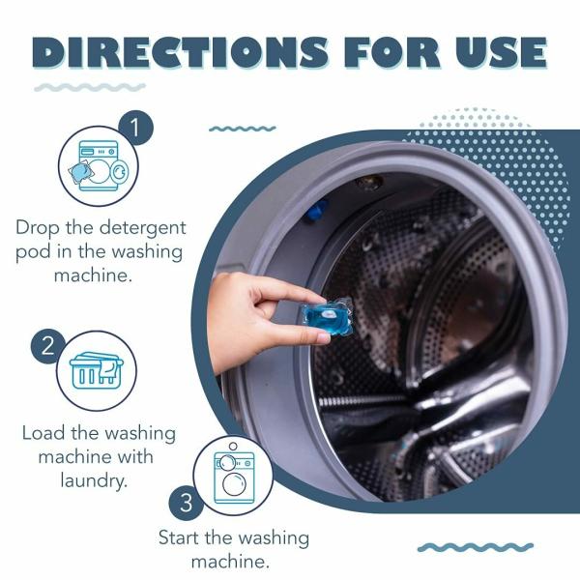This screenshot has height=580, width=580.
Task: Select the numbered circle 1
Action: [135, 127]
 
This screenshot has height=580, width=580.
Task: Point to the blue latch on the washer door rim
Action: [318, 208]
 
